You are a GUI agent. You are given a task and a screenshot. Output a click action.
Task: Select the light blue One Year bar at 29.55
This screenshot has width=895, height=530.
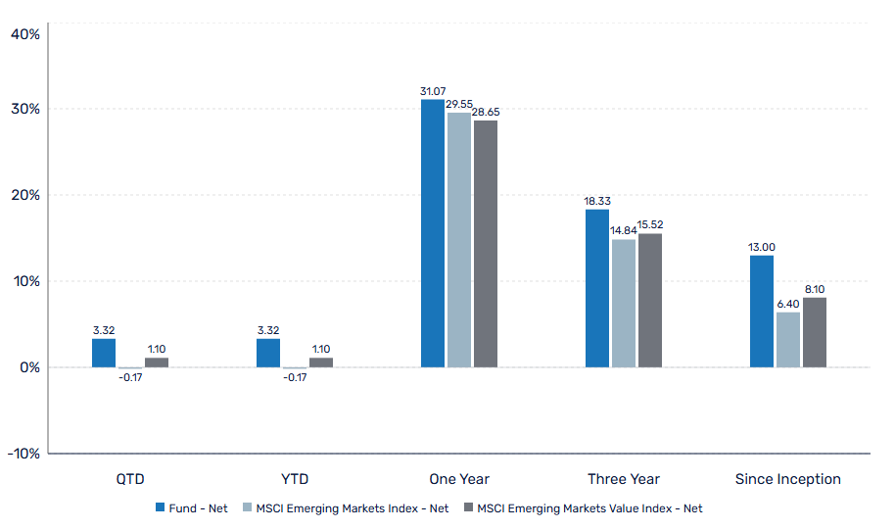458,240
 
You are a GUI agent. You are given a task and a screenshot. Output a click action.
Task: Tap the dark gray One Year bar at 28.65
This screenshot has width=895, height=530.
485,244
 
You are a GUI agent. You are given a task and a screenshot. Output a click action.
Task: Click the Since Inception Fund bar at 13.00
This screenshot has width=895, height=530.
761,312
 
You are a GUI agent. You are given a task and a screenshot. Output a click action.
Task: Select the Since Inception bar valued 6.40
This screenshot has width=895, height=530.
787,340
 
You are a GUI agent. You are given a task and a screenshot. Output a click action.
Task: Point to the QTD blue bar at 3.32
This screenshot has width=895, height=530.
103,353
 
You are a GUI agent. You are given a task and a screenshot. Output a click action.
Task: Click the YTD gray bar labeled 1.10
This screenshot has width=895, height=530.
320,362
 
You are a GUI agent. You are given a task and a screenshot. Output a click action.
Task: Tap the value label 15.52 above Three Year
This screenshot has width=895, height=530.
649,225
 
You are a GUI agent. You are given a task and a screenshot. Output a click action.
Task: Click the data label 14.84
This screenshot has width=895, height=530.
623,231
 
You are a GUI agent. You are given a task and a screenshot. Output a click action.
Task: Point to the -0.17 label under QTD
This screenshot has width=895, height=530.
129,377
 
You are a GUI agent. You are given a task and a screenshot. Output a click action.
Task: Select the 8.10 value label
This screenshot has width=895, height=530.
815,289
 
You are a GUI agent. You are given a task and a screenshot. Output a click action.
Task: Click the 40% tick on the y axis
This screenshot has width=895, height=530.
24,34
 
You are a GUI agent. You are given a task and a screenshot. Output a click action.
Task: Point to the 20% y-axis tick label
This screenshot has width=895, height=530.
24,195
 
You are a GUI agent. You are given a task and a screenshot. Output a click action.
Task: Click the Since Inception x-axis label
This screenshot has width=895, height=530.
787,479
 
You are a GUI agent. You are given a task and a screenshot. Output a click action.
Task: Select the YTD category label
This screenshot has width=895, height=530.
294,479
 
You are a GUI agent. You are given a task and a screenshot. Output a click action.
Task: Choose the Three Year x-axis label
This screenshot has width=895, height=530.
623,479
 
